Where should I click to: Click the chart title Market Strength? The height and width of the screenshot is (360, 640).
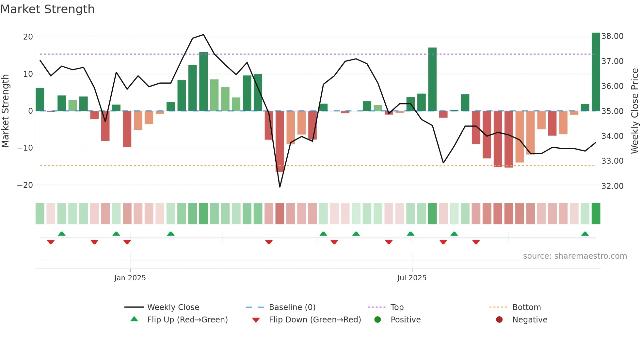pyautogui.click(x=47, y=9)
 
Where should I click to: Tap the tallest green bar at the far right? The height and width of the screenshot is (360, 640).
pyautogui.click(x=596, y=72)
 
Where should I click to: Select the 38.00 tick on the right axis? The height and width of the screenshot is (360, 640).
pyautogui.click(x=612, y=36)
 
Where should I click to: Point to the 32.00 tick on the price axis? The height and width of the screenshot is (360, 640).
pyautogui.click(x=612, y=186)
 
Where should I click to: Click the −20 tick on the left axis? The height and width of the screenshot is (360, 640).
pyautogui.click(x=25, y=185)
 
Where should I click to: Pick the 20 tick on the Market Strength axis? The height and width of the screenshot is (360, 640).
pyautogui.click(x=28, y=37)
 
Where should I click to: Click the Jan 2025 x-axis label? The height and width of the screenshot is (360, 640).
pyautogui.click(x=130, y=278)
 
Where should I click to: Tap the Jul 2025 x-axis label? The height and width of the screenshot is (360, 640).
pyautogui.click(x=412, y=278)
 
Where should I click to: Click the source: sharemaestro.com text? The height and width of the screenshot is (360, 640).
pyautogui.click(x=575, y=256)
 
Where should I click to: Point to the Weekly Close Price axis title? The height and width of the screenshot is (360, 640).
pyautogui.click(x=634, y=111)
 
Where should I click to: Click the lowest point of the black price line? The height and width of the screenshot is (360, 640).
pyautogui.click(x=280, y=187)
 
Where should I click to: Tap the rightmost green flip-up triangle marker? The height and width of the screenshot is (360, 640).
pyautogui.click(x=585, y=234)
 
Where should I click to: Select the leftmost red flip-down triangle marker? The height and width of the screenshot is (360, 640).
pyautogui.click(x=51, y=242)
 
